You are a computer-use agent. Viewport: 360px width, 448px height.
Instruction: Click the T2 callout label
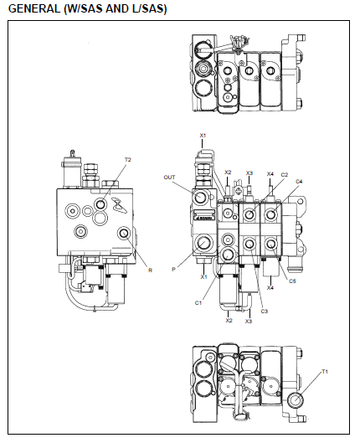128,160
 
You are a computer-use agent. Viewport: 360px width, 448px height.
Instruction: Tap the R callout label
151,270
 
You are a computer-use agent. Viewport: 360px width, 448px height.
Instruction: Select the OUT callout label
169,178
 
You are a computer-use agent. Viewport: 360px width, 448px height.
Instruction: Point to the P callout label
173,270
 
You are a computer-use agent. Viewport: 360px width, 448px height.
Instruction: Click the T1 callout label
325,372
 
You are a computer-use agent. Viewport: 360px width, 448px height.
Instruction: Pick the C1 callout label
198,303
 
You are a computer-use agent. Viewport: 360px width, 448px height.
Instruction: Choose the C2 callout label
285,174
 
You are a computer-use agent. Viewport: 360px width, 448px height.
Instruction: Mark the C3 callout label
265,312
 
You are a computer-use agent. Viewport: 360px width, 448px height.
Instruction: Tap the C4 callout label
299,182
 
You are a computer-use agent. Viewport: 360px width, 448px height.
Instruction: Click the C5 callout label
292,281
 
